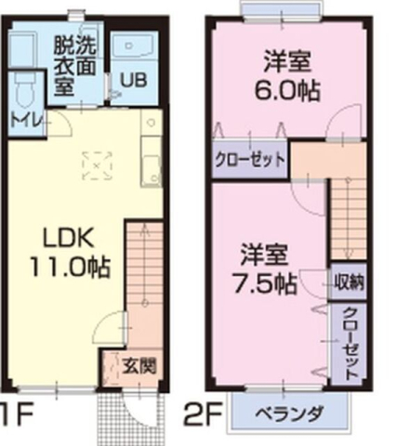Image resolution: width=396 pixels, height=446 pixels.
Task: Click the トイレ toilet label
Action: click(x=22, y=119)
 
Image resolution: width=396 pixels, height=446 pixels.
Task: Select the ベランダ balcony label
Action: click(x=292, y=414)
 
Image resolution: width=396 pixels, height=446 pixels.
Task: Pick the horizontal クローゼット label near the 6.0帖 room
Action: click(x=250, y=159)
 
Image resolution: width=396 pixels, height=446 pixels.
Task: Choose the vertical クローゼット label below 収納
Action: click(x=350, y=341)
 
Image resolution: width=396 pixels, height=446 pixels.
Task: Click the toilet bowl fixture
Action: click(x=26, y=87)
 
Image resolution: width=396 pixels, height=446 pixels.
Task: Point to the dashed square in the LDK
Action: click(x=96, y=164)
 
